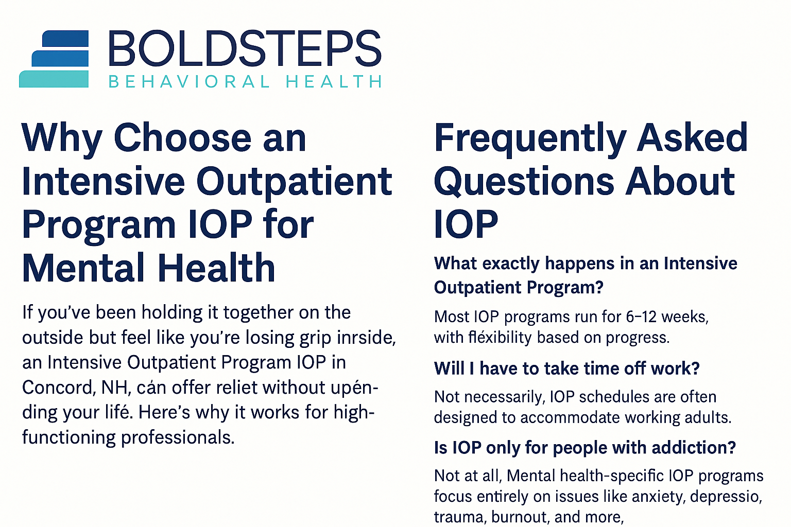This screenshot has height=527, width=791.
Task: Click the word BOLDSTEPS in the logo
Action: [x=245, y=49]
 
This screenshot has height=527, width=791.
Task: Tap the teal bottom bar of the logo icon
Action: [x=54, y=79]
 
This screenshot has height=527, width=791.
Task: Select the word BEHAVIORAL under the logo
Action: [x=189, y=82]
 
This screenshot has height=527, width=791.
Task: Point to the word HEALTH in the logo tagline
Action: [x=334, y=82]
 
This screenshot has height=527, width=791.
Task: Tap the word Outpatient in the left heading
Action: [x=294, y=182]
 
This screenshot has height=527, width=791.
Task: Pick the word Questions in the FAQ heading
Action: [x=524, y=182]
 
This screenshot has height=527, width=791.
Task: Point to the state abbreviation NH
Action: [x=114, y=387]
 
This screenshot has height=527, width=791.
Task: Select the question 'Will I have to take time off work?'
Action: [x=567, y=368]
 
